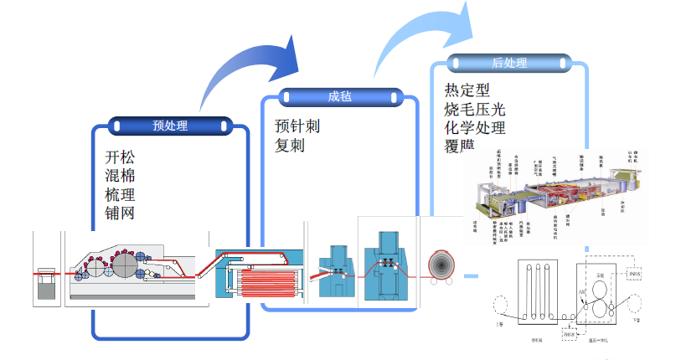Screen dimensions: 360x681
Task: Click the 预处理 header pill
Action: tap(170, 126)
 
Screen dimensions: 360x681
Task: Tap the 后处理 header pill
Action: tap(508, 63)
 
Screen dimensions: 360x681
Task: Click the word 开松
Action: tap(120, 158)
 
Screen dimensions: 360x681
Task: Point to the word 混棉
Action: tap(120, 177)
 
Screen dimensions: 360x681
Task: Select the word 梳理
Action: tap(120, 195)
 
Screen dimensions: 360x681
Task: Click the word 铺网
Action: tap(120, 213)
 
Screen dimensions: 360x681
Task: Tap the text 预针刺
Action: tap(297, 126)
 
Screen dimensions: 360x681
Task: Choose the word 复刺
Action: tap(290, 145)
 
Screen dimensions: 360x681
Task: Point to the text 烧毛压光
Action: tap(475, 109)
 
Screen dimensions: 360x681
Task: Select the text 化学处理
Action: tap(475, 127)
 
